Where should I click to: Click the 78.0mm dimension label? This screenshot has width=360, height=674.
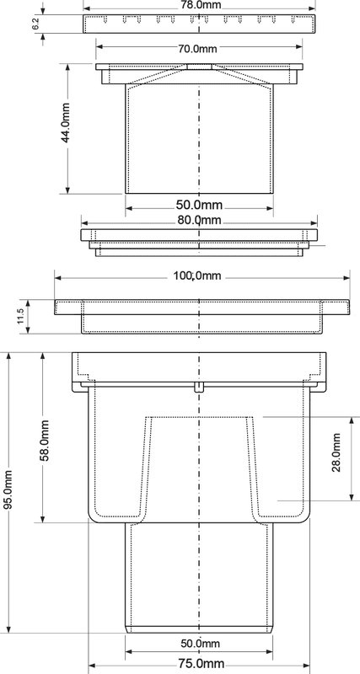pyautogui.click(x=198, y=3)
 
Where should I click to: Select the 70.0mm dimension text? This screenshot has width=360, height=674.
pyautogui.click(x=198, y=49)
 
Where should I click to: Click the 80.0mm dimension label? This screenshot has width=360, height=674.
pyautogui.click(x=199, y=220)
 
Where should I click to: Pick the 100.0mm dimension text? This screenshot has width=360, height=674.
pyautogui.click(x=197, y=275)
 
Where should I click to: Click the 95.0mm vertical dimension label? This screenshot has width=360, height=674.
pyautogui.click(x=8, y=490)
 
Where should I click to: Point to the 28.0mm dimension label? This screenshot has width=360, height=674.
pyautogui.click(x=336, y=452)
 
